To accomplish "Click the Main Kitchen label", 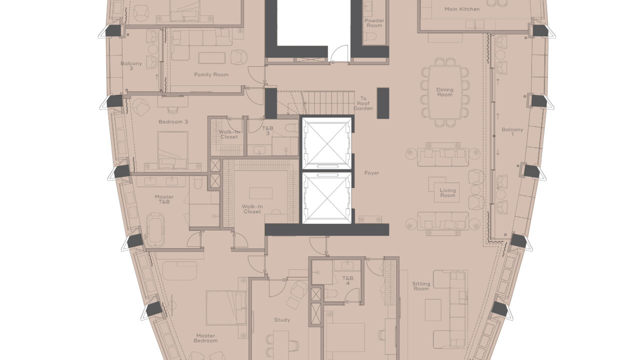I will point(461,9).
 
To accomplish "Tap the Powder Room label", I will point(373,23).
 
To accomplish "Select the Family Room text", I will point(211,74).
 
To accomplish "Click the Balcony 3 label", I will point(131,66).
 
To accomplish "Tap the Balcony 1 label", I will point(512,132).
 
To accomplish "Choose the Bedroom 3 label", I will point(173,121).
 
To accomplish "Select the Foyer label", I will point(371,173).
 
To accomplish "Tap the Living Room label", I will point(447,192).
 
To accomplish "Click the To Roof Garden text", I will point(363,103).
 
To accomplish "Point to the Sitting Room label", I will point(421,286).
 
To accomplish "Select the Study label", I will point(282,320).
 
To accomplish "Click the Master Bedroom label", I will point(206,338).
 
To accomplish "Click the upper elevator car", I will point(326,142).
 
